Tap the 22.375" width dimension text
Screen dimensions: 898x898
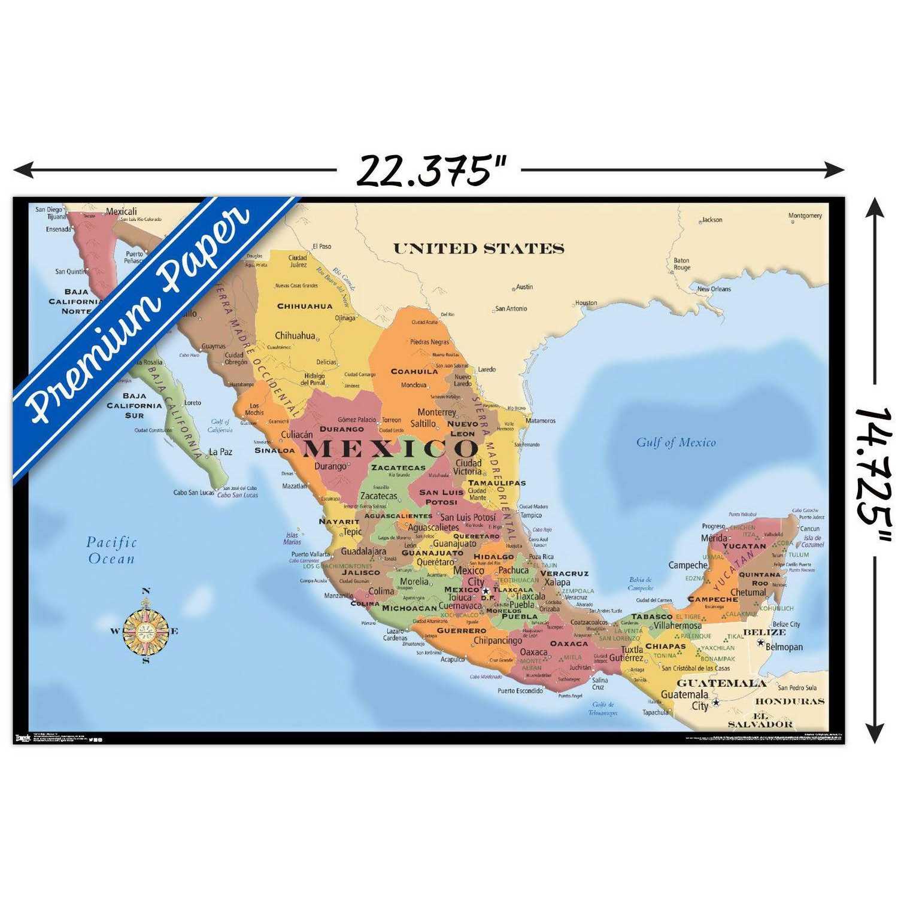coord(431,171)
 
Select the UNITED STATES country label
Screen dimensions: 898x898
coord(478,248)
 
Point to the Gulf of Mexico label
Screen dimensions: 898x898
coord(675,442)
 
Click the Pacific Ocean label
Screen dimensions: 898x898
coord(111,550)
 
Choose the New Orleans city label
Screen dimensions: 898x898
coord(714,289)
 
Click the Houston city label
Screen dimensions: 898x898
coord(586,303)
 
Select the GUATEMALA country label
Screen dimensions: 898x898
coord(721,683)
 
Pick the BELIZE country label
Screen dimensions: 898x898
coord(764,632)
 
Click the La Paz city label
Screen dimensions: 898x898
coord(220,452)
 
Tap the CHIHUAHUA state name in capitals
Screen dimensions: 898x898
coord(305,306)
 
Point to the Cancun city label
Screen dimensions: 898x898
coord(809,529)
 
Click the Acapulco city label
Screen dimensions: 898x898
coord(452,659)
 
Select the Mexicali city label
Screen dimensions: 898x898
coord(122,211)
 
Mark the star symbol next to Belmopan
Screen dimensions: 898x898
coord(760,643)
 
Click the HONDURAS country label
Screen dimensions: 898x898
coord(790,701)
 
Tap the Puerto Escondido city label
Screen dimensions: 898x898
coord(520,690)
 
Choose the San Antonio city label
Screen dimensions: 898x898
coord(511,308)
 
